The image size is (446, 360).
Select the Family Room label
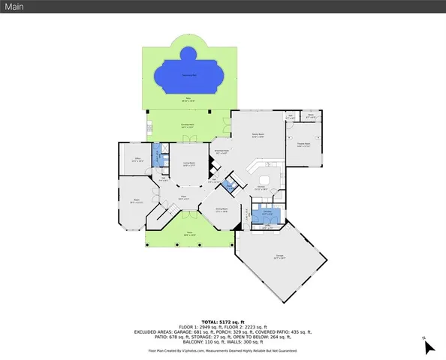[x=258, y=136]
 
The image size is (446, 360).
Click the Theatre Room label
[x=304, y=145]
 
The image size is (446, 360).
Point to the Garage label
[x=279, y=259]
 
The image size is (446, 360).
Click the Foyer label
[x=182, y=197]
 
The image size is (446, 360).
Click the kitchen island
[x=258, y=169]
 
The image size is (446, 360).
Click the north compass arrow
[x=428, y=346]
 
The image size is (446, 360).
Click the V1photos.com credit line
[x=222, y=350]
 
